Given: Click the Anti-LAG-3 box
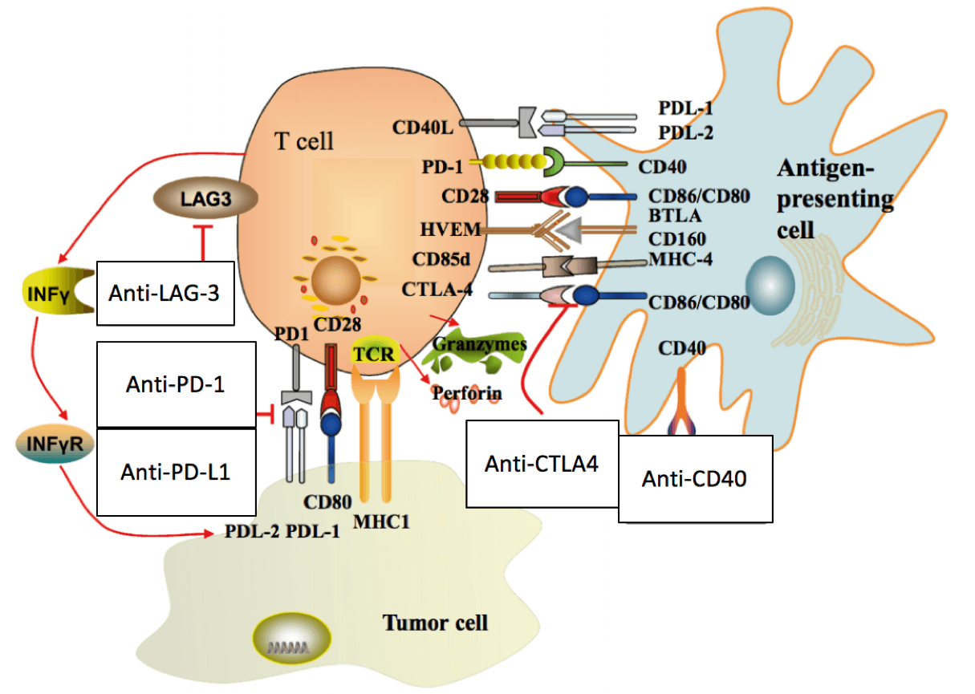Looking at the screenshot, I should coord(165,293).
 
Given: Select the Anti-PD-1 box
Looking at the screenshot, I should coord(176,384).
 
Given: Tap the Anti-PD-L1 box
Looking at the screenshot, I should coord(176,472).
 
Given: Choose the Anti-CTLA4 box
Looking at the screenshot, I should coord(542,463).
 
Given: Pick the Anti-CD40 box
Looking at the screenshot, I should coord(695,479).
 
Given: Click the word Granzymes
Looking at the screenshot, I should coord(479,344).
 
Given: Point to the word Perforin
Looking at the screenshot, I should coord(467,393).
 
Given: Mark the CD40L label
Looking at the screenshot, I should coord(423,128).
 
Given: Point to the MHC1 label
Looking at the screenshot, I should coord(388,522).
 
